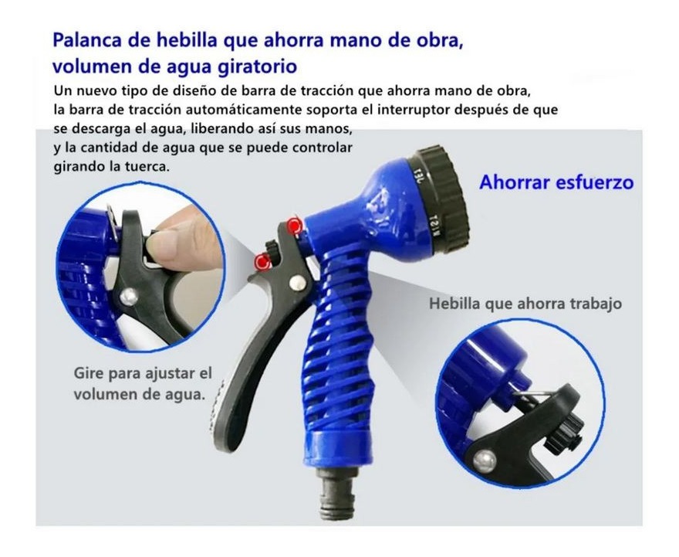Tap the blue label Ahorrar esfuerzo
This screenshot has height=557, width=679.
[556, 182]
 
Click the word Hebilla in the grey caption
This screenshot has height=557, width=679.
[454, 304]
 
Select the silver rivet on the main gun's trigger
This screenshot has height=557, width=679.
[296, 283]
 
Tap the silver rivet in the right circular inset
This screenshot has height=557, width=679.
[485, 462]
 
